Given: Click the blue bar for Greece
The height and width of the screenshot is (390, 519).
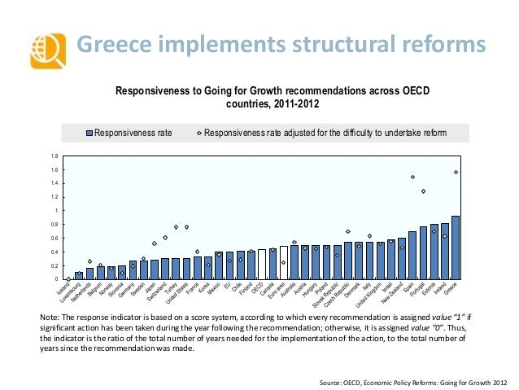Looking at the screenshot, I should click(x=456, y=248).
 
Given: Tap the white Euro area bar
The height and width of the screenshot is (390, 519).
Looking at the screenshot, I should click(x=283, y=263).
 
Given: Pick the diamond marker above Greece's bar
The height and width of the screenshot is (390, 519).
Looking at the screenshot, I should click(x=456, y=172).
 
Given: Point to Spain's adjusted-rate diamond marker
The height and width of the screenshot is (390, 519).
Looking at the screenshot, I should click(x=412, y=177).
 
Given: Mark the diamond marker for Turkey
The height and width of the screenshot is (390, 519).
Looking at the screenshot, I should click(x=176, y=227).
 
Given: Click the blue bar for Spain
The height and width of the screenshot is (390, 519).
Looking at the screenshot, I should click(x=412, y=256).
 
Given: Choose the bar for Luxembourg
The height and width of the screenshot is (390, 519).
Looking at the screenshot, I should click(x=79, y=276).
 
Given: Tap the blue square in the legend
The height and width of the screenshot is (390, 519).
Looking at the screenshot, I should click(x=90, y=133).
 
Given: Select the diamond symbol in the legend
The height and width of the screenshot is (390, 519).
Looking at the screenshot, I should click(x=199, y=133).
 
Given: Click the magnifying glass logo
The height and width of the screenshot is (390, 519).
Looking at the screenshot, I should click(x=45, y=52).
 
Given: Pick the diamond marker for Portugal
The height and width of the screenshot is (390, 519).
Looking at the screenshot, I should click(x=423, y=191).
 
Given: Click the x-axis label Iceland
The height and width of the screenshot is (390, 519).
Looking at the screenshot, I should click(x=62, y=291).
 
